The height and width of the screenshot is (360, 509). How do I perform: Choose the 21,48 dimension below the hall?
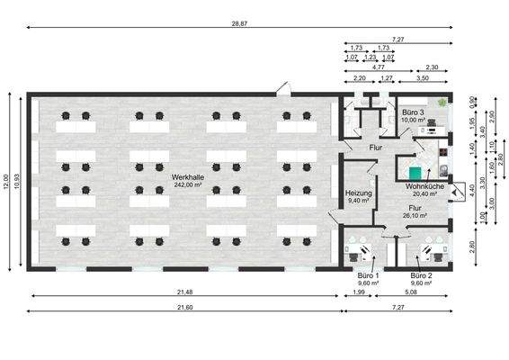184,292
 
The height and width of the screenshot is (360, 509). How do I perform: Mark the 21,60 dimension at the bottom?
184,307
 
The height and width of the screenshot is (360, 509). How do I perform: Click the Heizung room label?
359,193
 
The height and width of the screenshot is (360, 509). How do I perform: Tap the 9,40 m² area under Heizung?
359,201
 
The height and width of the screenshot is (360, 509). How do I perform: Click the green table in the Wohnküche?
415,171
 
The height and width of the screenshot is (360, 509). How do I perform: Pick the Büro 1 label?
369,274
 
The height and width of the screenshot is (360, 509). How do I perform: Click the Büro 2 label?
421,274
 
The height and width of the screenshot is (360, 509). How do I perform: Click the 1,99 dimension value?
358,292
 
